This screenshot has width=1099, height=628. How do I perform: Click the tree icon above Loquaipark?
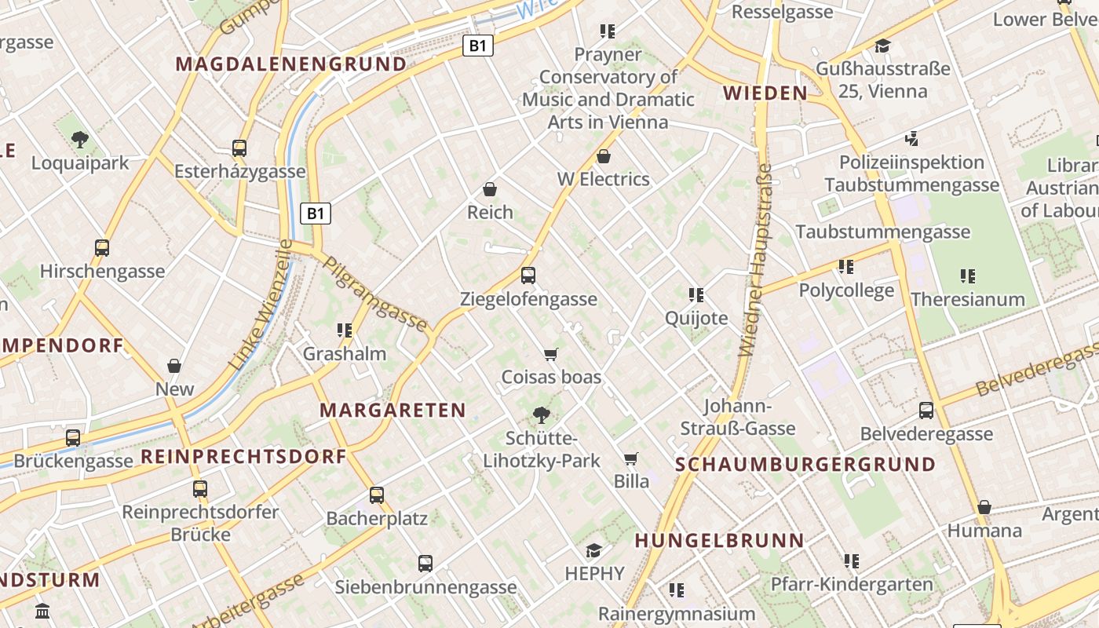point(79,140)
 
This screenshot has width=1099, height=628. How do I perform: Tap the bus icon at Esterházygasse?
point(239,148)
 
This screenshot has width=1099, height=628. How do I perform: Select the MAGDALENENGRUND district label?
point(291,64)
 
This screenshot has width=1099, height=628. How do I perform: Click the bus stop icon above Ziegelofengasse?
point(528,276)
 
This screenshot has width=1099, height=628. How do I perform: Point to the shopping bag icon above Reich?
point(490,189)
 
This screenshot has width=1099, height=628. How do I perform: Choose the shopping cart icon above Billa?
point(630,458)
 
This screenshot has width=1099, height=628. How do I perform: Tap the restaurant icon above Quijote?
point(696,294)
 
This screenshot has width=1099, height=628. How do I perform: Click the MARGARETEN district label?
point(392,410)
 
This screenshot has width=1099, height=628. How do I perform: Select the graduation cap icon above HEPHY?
point(594,550)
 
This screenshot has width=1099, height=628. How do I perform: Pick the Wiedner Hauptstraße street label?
point(756,259)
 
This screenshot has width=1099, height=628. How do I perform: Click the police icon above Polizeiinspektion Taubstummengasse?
point(911,139)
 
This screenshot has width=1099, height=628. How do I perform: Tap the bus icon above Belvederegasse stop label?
point(926,410)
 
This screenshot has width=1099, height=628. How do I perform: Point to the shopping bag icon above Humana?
point(984,507)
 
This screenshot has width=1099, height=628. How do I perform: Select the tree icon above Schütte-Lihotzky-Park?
point(541,414)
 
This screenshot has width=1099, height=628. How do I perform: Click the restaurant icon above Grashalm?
point(344,330)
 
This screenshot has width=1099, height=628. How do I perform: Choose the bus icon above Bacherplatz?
point(377,495)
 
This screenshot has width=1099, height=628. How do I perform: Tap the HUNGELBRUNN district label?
point(719,540)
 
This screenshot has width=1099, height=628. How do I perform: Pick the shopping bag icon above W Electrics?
point(603,156)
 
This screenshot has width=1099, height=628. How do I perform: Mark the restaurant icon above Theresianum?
point(968,276)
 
